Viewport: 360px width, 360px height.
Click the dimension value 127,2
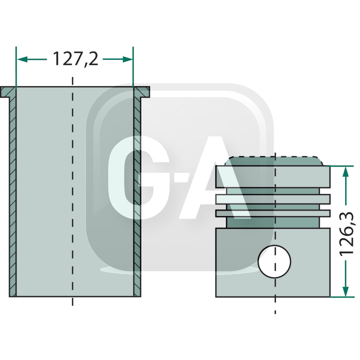coord(75,59)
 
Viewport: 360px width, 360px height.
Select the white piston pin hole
coord(274,261)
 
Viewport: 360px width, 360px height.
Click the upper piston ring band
coord(273,198)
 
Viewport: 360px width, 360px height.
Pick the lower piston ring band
coord(273,213)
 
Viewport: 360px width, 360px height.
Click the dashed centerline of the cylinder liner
coord(72,189)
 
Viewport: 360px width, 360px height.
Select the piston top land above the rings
coord(273,177)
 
